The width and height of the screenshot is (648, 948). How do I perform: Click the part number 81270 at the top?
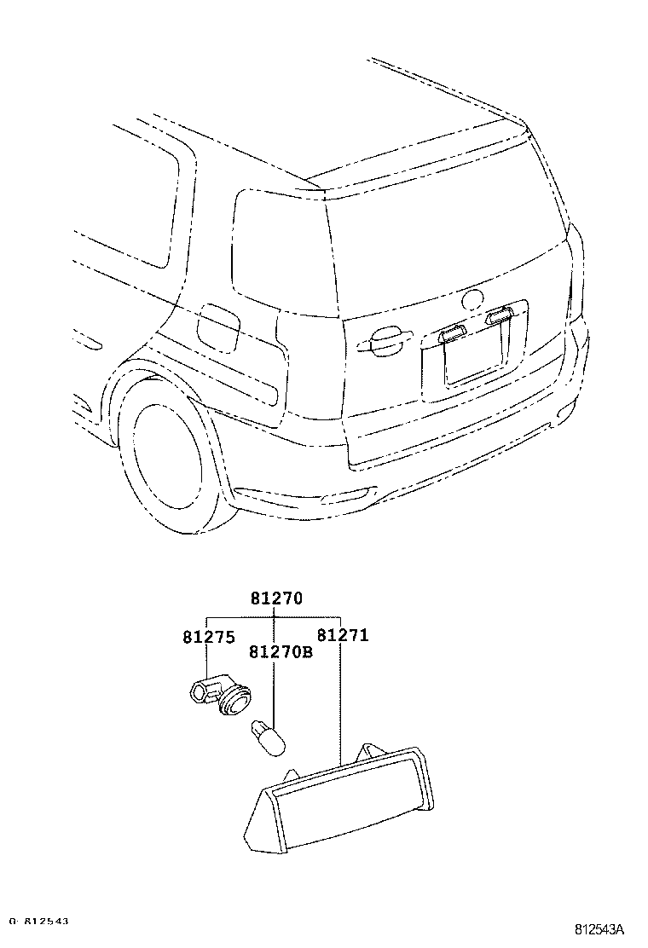[x=276, y=599]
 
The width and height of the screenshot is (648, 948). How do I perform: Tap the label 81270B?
[x=281, y=652]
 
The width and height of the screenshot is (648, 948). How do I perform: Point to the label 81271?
[x=343, y=635]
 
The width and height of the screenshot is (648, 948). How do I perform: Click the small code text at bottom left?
[x=39, y=922]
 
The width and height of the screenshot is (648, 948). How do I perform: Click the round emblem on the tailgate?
[x=472, y=300]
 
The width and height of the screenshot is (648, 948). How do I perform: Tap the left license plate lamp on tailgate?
[x=452, y=333]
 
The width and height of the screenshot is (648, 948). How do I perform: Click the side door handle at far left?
[x=88, y=343]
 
